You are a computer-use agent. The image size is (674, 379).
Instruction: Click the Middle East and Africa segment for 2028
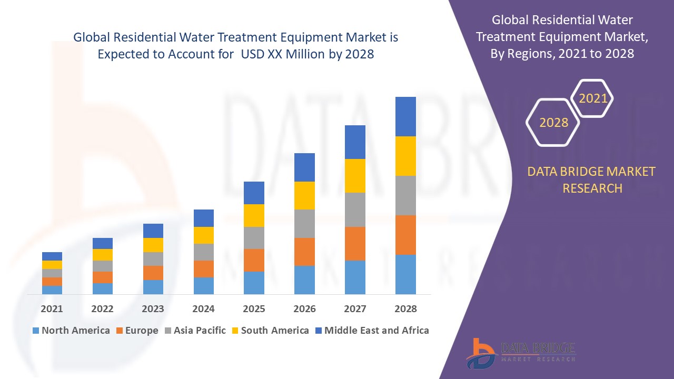pos(405,116)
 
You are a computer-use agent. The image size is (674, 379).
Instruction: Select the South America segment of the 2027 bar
pos(355,176)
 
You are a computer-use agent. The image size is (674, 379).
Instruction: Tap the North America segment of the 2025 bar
pos(254,283)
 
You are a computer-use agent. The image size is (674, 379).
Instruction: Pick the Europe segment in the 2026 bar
pos(304,252)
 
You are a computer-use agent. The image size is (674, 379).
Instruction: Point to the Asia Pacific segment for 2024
pos(204,252)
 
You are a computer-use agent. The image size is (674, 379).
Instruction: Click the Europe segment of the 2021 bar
pos(52,282)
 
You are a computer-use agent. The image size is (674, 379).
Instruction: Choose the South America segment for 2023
pos(153,245)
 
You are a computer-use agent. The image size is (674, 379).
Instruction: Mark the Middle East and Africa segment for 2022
pos(103,243)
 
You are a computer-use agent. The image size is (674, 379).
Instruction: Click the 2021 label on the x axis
pos(52,309)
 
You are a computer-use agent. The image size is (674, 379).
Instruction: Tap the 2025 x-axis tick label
pos(254,309)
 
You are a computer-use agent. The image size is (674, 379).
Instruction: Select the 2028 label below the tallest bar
pos(405,309)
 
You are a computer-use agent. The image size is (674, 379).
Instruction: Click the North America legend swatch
pos(36,331)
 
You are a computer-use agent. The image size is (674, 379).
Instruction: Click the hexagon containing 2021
pos(593,98)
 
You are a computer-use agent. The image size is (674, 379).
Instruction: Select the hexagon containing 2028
pos(553,123)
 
